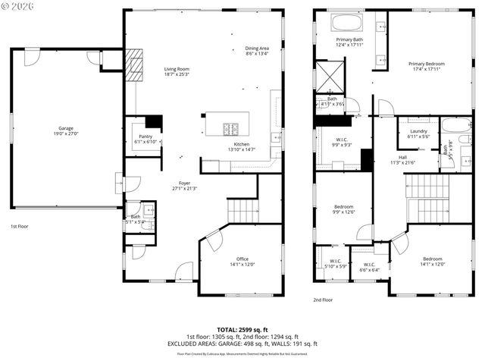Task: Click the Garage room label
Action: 66,130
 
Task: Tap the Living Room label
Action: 177,72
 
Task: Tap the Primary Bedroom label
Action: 426,66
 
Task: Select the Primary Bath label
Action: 349,41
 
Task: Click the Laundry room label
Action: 418,133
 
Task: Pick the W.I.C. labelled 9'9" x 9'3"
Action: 341,142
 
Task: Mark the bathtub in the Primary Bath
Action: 350,23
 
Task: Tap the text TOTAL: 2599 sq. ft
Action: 242,330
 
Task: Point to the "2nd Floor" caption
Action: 323,300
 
